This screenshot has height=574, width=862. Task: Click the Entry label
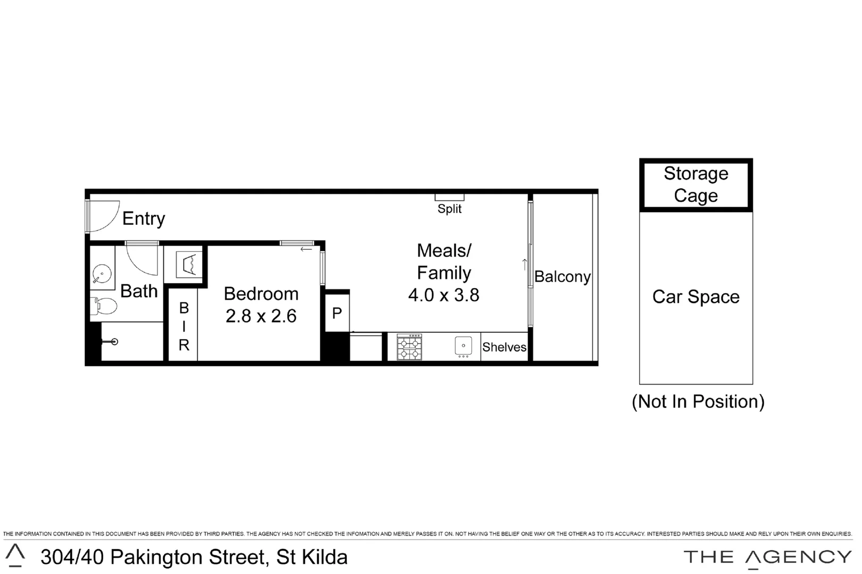(144, 218)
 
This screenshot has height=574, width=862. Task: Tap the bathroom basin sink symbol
(102, 274)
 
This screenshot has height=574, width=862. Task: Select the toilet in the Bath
(105, 306)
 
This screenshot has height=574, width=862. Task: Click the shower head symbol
(113, 342)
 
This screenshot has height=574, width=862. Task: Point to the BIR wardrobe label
(184, 326)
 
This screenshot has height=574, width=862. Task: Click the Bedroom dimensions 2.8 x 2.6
(261, 316)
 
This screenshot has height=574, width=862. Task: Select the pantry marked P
(337, 313)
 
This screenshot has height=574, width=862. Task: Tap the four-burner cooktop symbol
(409, 347)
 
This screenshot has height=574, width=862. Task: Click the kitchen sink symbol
(463, 346)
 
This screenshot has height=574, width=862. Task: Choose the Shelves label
(504, 347)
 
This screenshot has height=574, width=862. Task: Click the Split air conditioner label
(450, 209)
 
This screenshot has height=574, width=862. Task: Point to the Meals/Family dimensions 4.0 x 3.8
(444, 295)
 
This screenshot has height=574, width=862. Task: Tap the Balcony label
(562, 276)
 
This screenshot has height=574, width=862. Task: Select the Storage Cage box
(695, 184)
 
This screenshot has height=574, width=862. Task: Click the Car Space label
(695, 297)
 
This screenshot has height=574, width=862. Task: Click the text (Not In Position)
(698, 401)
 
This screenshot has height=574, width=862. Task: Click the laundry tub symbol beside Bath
(189, 264)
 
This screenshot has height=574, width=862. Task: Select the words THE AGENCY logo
(767, 557)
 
